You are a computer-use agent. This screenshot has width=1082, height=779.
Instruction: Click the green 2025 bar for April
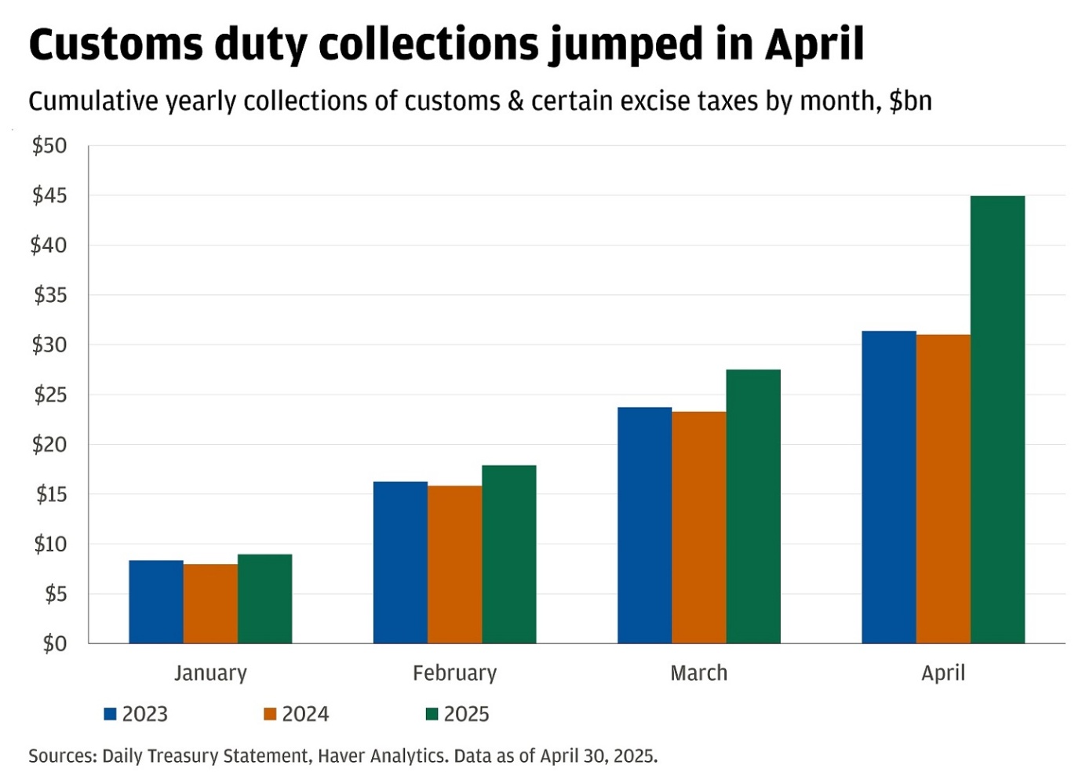click(997, 420)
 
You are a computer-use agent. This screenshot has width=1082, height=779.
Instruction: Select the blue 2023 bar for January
click(156, 602)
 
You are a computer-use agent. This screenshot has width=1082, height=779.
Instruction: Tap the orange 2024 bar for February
click(455, 565)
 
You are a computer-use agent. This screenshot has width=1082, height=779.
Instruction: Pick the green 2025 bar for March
click(753, 507)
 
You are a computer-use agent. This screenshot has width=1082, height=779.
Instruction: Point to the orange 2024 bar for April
click(943, 490)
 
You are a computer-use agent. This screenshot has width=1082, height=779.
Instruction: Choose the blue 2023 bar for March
click(645, 526)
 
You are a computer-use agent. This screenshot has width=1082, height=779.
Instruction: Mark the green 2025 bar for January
click(265, 599)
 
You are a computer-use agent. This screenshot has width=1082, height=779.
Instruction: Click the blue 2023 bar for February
click(400, 562)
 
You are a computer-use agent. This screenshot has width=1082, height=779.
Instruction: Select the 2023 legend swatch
click(111, 714)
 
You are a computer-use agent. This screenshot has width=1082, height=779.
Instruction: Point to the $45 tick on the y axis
click(49, 195)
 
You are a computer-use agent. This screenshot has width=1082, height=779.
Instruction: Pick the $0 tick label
click(54, 644)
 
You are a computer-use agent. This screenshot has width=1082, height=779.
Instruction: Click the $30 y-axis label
click(49, 345)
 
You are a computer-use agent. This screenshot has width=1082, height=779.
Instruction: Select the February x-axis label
click(454, 673)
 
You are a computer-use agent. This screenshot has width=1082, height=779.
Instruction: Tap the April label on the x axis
click(943, 673)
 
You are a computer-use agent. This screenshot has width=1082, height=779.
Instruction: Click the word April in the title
click(814, 44)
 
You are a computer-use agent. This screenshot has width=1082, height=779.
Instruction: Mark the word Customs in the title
click(115, 44)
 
